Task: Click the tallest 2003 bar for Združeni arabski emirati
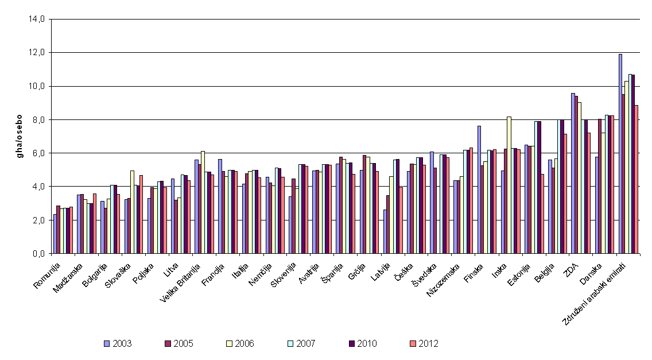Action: tap(620, 153)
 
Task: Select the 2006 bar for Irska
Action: tap(509, 185)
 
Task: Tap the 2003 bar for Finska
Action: tap(479, 190)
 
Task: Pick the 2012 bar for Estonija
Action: tap(542, 214)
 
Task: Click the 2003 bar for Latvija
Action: tap(385, 231)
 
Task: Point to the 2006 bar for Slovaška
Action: tap(132, 212)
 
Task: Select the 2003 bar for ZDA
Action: tap(573, 173)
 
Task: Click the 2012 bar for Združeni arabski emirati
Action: tap(636, 179)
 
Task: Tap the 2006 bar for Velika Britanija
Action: tap(203, 202)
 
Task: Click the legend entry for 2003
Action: tap(118, 344)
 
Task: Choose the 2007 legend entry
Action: tap(301, 344)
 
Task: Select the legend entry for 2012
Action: tap(424, 344)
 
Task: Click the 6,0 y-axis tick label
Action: tap(41, 153)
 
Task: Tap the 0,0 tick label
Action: tap(41, 253)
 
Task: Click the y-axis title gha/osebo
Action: tap(19, 137)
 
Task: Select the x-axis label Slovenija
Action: tap(284, 274)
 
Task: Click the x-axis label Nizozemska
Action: tap(443, 280)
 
